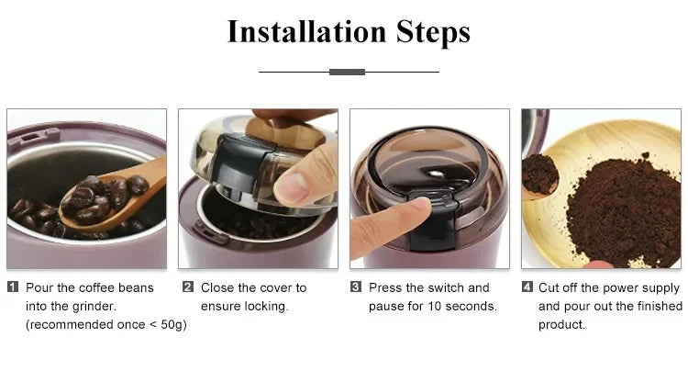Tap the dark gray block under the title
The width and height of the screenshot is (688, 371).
tap(347, 72)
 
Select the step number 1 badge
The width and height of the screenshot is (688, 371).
tap(13, 287)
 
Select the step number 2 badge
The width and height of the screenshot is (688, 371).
tap(188, 287)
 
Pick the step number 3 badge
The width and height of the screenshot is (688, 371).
tap(356, 287)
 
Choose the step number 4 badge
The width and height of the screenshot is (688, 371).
tap(527, 287)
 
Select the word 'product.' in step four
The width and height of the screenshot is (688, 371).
tap(561, 324)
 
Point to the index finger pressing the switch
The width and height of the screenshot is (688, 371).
tap(385, 225)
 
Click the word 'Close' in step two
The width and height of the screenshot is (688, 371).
tap(218, 287)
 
